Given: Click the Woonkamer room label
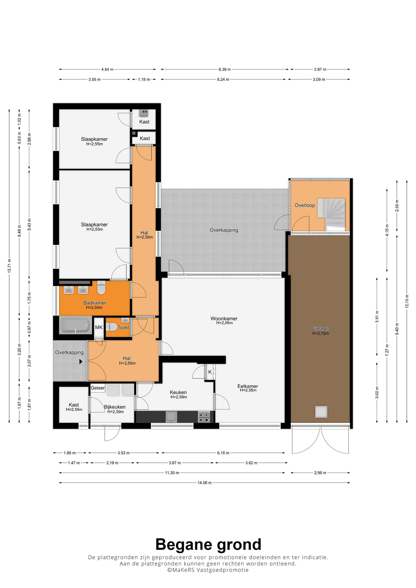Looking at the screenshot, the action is click(x=224, y=319).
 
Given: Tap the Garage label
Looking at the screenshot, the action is click(x=320, y=328).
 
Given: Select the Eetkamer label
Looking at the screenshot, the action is click(x=247, y=386).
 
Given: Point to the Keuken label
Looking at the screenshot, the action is click(x=178, y=392).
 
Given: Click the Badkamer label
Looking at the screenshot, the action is click(x=95, y=303).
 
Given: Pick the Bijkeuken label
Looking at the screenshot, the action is click(x=115, y=407).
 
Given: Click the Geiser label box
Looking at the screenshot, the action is click(x=98, y=388).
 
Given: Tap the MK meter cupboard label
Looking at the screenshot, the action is click(x=99, y=327).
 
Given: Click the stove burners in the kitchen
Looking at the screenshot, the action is click(x=204, y=417).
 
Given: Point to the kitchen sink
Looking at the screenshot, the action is click(x=171, y=417).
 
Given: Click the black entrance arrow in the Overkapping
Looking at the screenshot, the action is click(x=81, y=362).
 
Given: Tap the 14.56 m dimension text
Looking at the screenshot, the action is click(x=204, y=483).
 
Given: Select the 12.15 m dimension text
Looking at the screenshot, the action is click(x=407, y=301).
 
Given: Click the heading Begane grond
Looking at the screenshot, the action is click(x=208, y=544).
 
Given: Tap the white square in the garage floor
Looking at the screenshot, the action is click(x=321, y=412).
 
